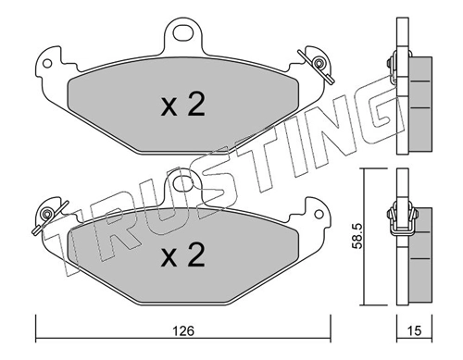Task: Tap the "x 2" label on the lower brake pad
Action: point(182,252)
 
